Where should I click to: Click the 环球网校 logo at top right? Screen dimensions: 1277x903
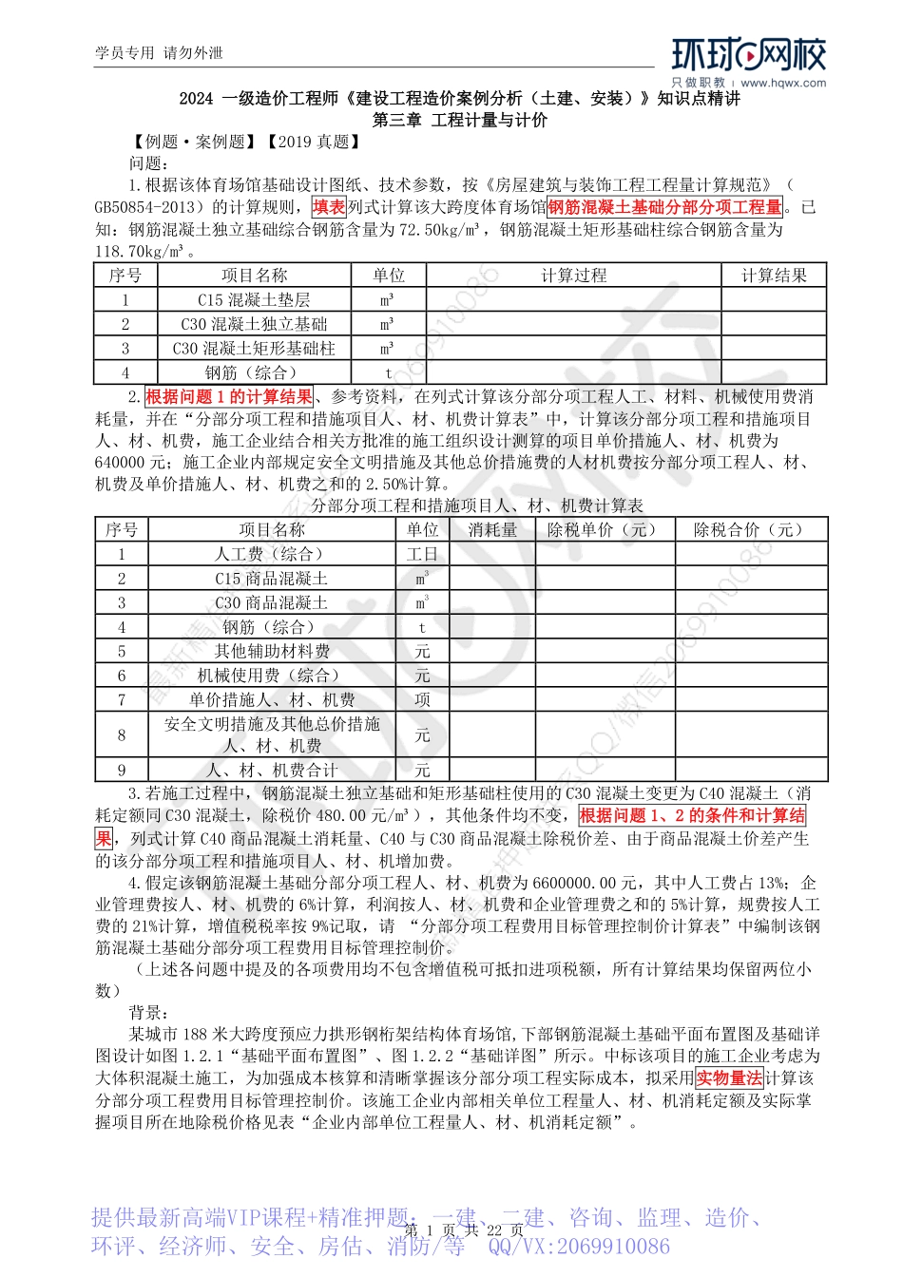[x=749, y=56]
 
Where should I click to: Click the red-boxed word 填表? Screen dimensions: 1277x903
[x=329, y=207]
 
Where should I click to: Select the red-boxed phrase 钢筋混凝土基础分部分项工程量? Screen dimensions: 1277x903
[x=665, y=207]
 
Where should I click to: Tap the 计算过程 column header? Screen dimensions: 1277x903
[x=573, y=276]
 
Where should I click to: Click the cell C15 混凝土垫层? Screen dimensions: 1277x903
[x=254, y=300]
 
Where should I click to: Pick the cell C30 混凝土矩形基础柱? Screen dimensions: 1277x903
[x=254, y=349]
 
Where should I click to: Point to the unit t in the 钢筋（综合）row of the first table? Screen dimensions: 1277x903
[x=388, y=373]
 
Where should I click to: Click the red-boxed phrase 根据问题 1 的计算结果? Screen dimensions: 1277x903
[x=229, y=397]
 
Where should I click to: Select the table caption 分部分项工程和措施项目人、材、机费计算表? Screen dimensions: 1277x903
[x=477, y=506]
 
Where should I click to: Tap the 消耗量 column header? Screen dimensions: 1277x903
[x=492, y=530]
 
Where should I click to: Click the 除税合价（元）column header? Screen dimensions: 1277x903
[x=751, y=530]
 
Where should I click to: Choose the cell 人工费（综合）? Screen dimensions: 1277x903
[x=272, y=554]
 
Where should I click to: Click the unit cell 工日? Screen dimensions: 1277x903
[x=422, y=555]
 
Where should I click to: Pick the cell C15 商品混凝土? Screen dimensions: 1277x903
[x=272, y=579]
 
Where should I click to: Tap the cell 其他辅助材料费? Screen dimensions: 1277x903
[x=272, y=652]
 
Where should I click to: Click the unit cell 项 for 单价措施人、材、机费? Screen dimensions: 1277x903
[x=422, y=700]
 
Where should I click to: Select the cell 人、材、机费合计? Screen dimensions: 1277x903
[x=272, y=771]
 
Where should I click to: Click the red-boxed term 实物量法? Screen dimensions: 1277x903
[x=729, y=1078]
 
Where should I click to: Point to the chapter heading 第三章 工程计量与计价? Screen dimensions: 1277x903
[x=460, y=121]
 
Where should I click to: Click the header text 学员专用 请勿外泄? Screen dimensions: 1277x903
[x=159, y=53]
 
